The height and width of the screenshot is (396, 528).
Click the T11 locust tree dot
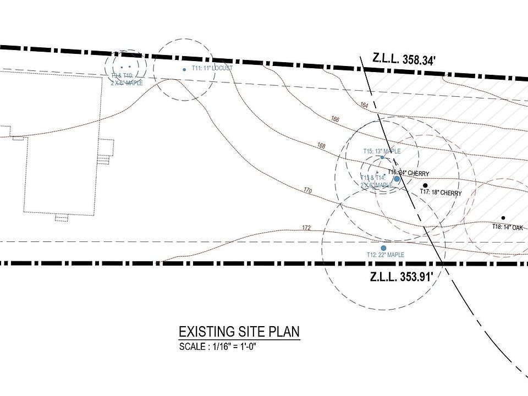184,69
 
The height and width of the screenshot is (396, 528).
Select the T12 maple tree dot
383,248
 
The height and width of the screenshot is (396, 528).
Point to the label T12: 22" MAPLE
385,255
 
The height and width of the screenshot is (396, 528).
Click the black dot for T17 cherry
425,185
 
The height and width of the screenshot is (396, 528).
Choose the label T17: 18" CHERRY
441,193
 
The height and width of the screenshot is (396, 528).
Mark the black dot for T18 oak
503,218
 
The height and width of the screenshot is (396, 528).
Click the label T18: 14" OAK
507,227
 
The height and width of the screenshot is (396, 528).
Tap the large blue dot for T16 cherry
397,179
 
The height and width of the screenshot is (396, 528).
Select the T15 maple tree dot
382,158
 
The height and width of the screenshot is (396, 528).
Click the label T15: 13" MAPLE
382,151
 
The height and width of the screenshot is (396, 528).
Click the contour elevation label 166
336,119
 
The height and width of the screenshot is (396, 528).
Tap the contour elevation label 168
322,146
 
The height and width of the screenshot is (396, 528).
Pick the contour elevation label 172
306,228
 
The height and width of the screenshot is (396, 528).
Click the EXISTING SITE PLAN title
239,332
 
